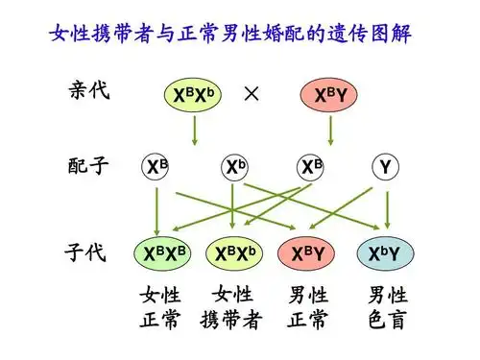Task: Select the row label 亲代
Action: tap(89, 92)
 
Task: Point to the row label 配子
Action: tap(89, 166)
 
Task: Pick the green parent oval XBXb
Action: tap(195, 95)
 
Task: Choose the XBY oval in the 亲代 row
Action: tap(327, 95)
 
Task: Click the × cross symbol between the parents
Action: tap(252, 93)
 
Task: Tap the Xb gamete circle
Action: tap(234, 168)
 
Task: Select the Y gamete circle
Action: tap(386, 168)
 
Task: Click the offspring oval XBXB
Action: tap(159, 253)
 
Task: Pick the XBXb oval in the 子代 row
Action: tap(234, 253)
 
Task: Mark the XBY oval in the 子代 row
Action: tap(307, 253)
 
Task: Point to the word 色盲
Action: tap(387, 320)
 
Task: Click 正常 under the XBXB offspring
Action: tap(159, 320)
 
